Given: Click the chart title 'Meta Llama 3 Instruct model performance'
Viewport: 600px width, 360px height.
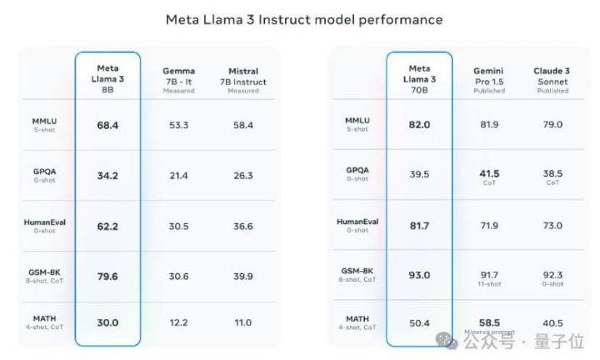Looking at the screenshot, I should click(x=303, y=18).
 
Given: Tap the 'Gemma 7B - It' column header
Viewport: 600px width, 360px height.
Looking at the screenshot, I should click(x=178, y=80).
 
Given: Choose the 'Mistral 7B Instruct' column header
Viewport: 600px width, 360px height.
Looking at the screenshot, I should click(x=243, y=80).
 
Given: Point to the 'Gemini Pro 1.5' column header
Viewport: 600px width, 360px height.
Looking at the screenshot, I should click(x=489, y=80).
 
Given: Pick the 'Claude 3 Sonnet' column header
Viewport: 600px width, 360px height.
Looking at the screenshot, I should click(x=552, y=80).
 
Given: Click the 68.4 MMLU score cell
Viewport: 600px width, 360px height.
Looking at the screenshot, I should click(x=107, y=125).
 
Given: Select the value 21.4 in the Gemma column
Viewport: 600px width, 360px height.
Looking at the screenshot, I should click(x=178, y=176).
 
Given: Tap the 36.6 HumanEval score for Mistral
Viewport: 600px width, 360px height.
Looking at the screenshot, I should click(x=243, y=226).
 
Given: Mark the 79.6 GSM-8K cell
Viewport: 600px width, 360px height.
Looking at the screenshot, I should click(x=107, y=276).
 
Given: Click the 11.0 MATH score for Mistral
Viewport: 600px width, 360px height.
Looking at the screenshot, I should click(x=243, y=322).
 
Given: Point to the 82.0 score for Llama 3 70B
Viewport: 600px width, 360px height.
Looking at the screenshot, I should click(x=419, y=125).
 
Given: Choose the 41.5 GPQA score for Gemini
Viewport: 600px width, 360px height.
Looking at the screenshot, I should click(x=489, y=173).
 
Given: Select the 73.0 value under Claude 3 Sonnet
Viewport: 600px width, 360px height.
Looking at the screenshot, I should click(x=552, y=226).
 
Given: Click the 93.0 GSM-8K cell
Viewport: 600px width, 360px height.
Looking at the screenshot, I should click(x=419, y=276).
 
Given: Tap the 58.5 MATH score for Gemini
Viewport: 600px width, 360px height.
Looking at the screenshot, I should click(x=489, y=322).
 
